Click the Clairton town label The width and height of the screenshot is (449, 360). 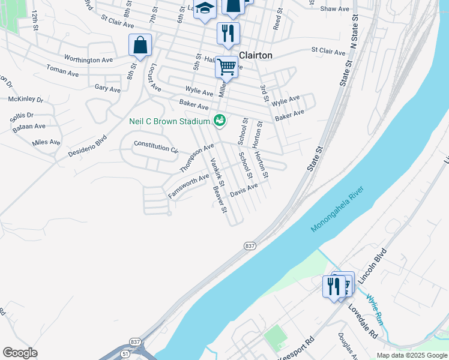256,55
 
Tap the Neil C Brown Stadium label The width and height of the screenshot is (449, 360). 169,121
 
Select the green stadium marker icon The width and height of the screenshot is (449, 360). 220,121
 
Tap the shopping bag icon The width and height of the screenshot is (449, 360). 140,45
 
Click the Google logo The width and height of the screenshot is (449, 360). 20,353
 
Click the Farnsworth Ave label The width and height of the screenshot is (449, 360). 188,185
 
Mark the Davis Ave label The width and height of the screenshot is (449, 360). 244,191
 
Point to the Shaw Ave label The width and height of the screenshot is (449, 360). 335,9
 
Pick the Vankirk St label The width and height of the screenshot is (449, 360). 217,172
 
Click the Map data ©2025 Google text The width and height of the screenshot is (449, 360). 411,355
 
